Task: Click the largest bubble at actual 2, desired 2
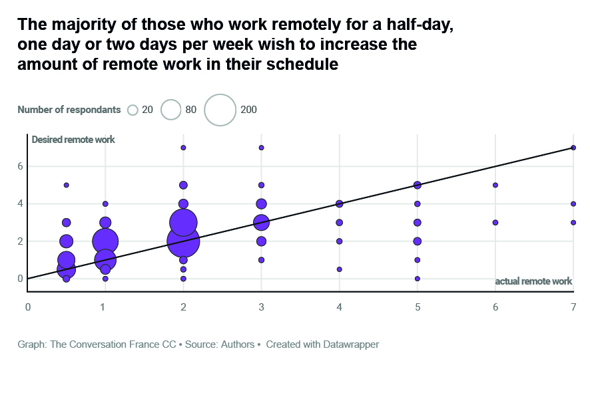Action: (x=183, y=241)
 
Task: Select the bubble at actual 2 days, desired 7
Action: (x=183, y=148)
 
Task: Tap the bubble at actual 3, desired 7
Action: (x=261, y=148)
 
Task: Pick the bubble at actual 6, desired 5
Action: (x=495, y=185)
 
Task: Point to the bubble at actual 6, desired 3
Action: (x=495, y=223)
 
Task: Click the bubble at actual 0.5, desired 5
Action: (x=66, y=185)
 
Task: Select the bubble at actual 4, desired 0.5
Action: (x=340, y=269)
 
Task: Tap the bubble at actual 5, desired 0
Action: (x=418, y=279)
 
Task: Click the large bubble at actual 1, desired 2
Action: (x=105, y=241)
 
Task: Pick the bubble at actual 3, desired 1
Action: (x=261, y=260)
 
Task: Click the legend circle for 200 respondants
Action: (x=220, y=110)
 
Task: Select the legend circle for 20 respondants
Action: (x=133, y=110)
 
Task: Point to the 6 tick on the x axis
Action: (x=495, y=307)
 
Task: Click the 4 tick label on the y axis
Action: (x=20, y=203)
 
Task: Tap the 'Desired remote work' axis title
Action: (x=73, y=140)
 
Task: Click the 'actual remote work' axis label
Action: (x=533, y=281)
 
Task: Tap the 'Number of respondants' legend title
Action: (x=69, y=110)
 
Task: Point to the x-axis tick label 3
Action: (x=261, y=307)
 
